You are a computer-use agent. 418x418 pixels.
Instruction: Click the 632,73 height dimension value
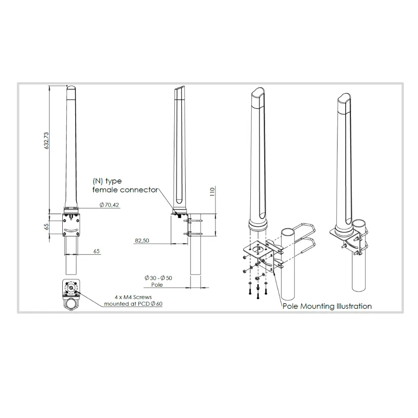coord(46,140)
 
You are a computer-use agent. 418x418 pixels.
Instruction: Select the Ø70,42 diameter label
coord(109,205)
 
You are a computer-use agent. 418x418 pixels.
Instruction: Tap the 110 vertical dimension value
coord(212,192)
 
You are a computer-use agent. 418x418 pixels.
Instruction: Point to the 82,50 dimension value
coord(142,240)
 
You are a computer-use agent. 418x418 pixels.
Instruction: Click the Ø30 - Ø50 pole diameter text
coord(158,278)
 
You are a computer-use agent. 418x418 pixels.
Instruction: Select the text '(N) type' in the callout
coord(107,181)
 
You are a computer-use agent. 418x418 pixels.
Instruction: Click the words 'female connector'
coord(125,190)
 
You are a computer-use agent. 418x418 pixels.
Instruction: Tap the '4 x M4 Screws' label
coord(133,297)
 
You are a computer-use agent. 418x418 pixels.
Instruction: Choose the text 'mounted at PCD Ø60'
coord(133,303)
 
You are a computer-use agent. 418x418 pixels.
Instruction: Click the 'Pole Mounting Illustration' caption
coord(327,306)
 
